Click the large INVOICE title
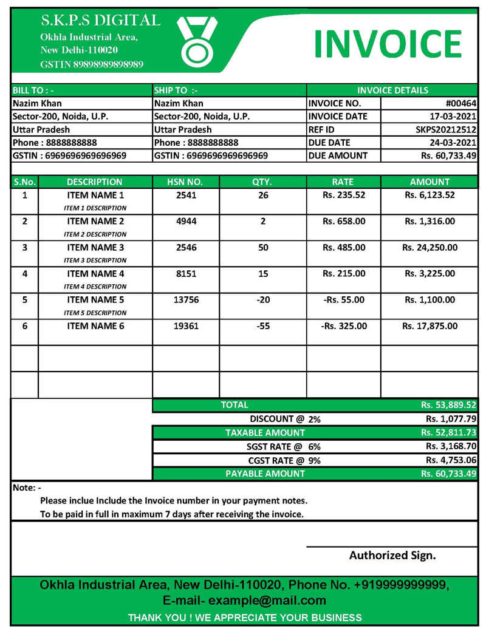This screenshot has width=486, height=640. coord(388,44)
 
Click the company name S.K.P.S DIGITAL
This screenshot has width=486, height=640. coord(100,21)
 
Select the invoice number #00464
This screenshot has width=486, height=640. coord(460,103)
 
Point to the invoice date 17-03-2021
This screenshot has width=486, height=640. coord(453,117)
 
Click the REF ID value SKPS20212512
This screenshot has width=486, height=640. coord(446,129)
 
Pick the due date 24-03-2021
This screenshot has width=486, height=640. coord(453,143)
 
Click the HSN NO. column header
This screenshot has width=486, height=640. coord(185,182)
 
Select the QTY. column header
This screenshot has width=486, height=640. coord(262,182)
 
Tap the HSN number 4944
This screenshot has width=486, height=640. coord(186,221)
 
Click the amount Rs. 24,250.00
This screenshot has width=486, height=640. coord(430,247)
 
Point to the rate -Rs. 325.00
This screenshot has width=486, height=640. coord(344,326)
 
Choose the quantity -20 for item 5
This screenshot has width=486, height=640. coord(262,300)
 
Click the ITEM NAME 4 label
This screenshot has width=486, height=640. coord(95,274)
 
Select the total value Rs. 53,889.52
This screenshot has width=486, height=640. coord(448,405)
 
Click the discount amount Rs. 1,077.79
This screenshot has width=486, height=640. coord(451,419)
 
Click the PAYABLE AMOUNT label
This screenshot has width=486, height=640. coord(265,474)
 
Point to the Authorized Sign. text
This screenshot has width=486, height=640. coord(392,555)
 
